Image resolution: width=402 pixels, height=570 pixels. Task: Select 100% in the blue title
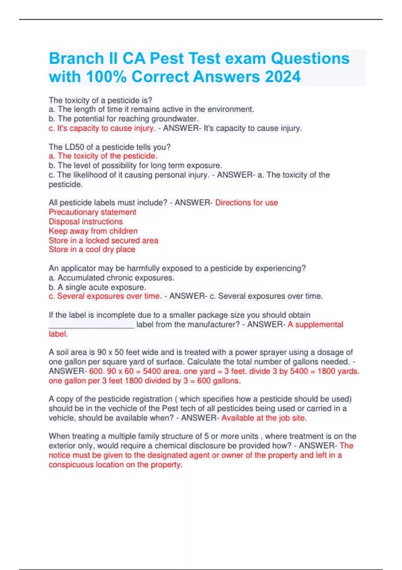107,76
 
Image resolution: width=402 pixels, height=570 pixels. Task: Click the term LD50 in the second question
73,147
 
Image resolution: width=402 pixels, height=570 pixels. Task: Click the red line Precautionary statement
92,212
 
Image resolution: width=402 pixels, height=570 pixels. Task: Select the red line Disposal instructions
86,221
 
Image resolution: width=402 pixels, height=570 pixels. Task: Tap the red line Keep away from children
93,231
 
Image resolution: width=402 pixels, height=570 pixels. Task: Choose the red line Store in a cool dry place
92,249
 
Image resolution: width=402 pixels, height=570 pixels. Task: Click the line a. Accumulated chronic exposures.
112,278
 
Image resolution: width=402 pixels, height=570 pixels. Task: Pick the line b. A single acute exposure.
97,287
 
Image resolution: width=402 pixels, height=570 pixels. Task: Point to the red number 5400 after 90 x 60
152,371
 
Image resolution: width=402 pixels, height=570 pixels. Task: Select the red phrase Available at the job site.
264,418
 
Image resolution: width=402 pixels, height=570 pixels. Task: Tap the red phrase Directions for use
246,203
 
